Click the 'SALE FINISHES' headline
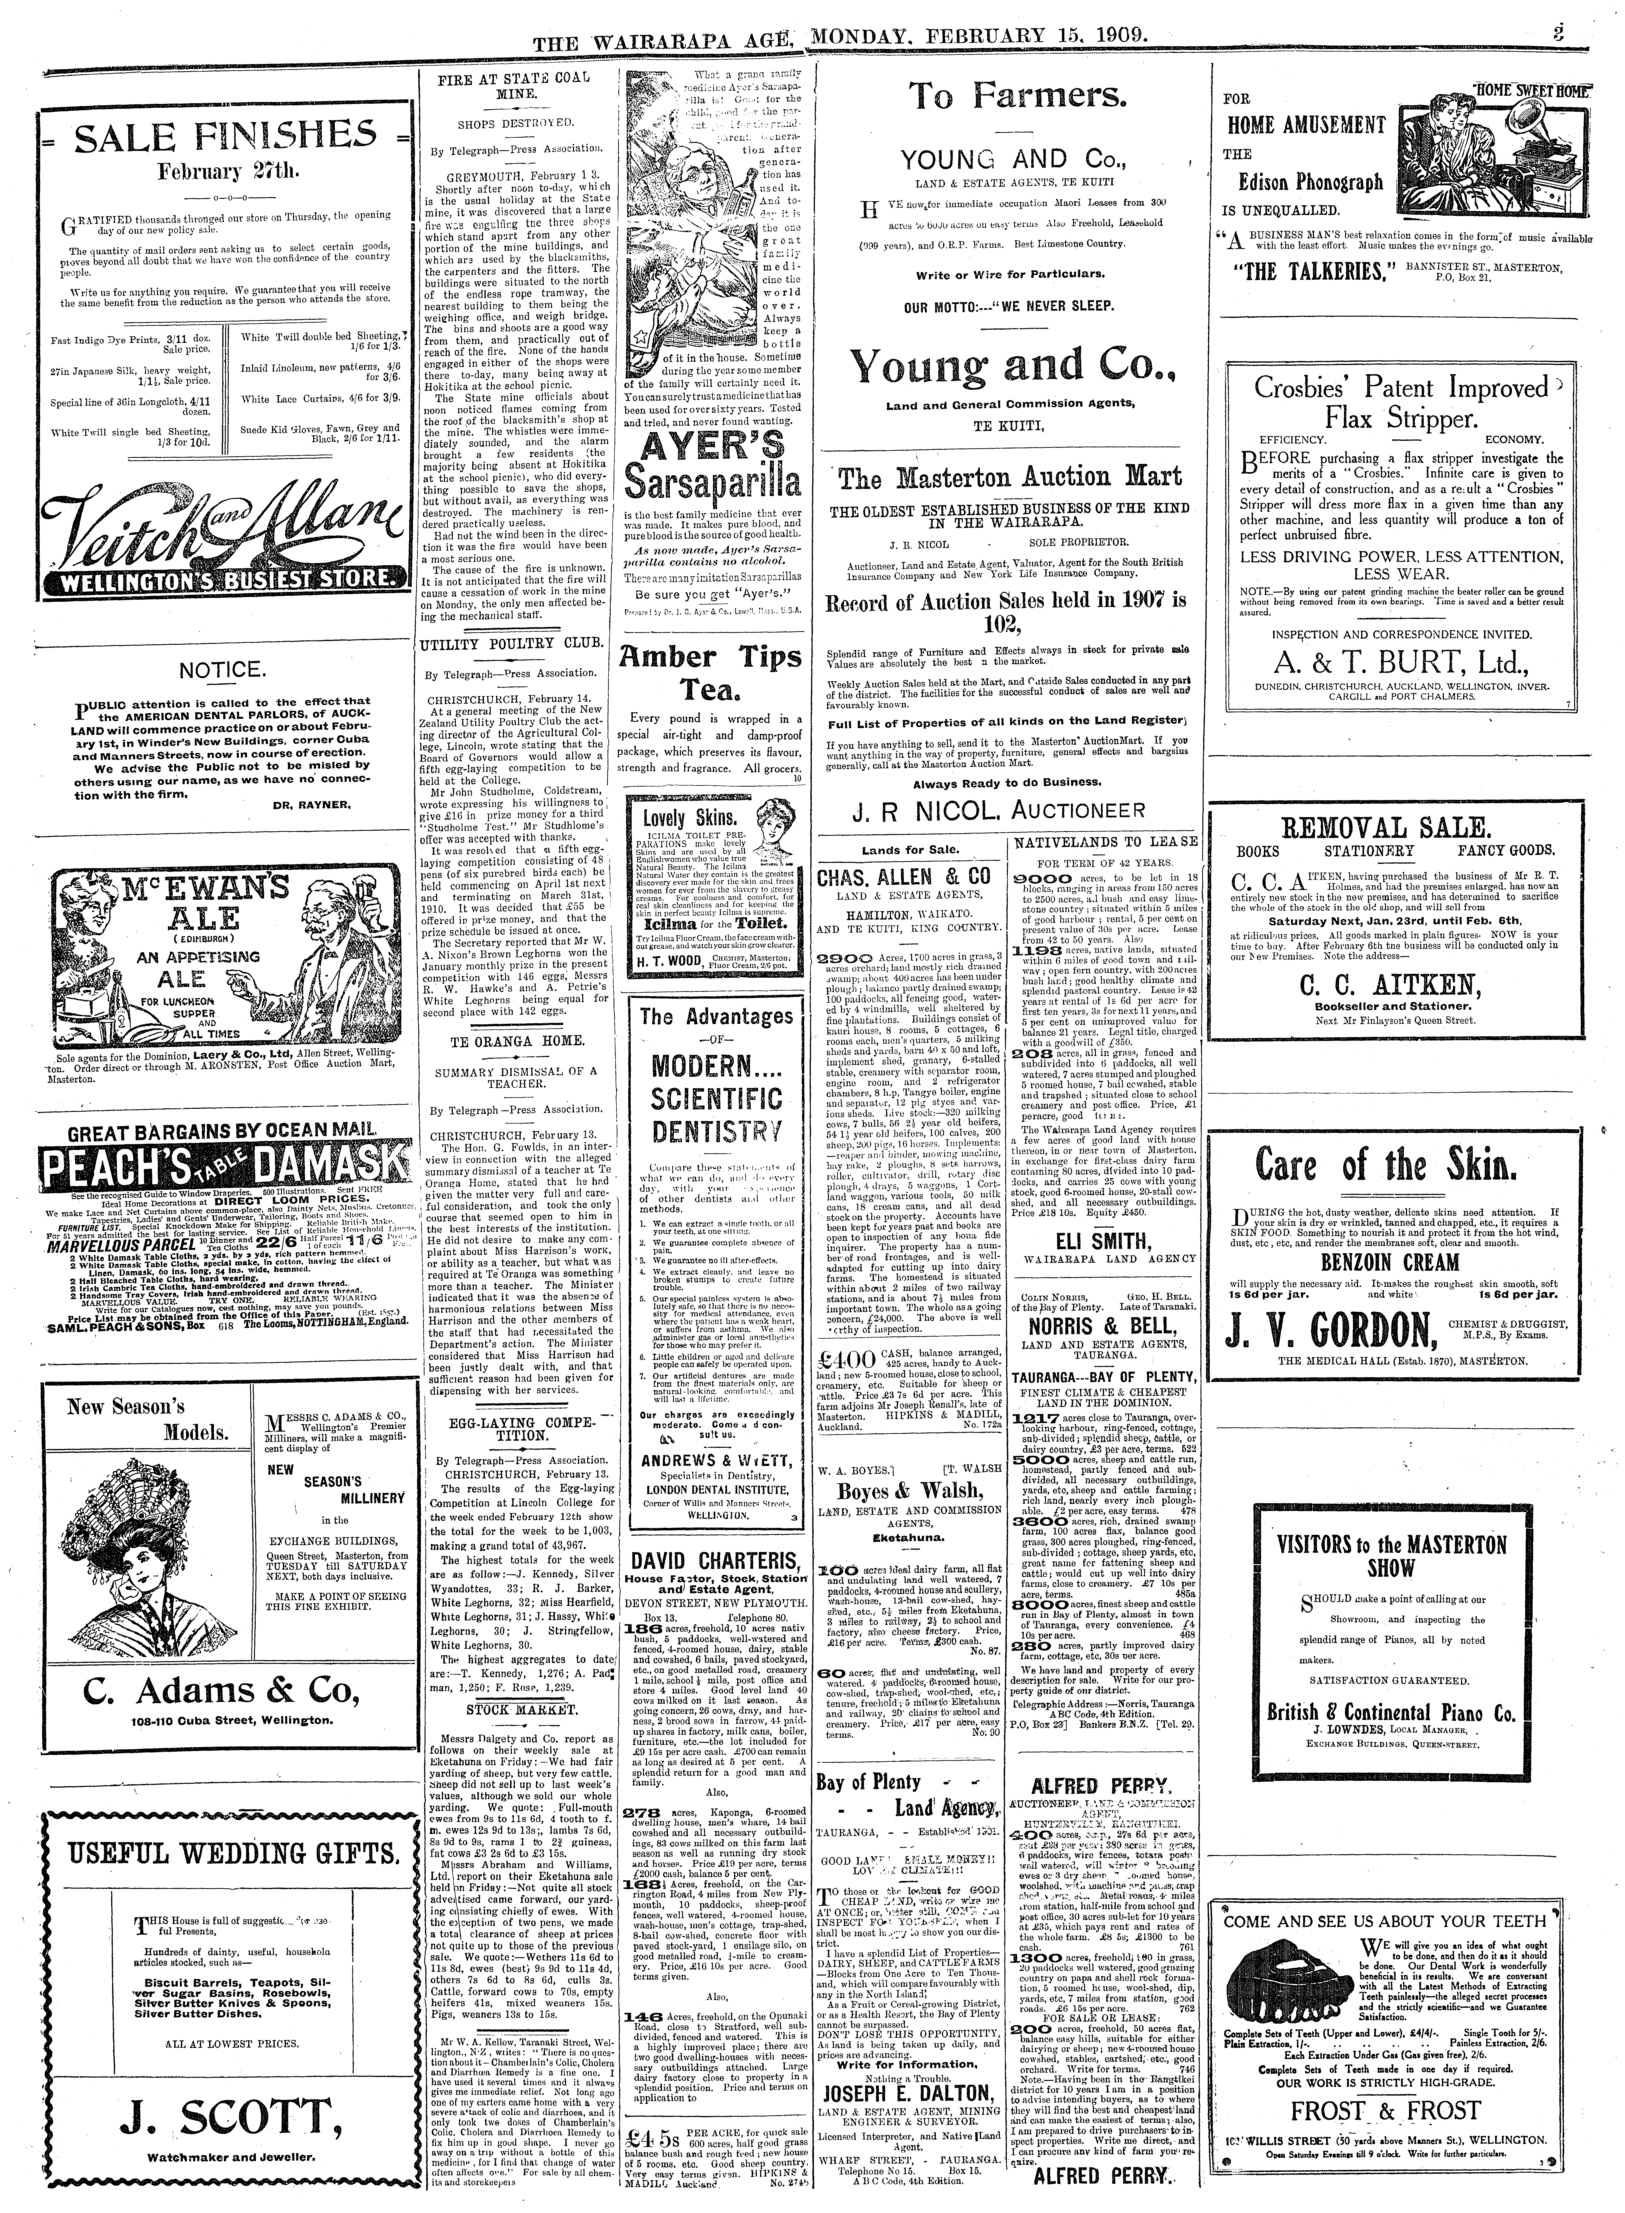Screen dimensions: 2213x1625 pyautogui.click(x=213, y=136)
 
